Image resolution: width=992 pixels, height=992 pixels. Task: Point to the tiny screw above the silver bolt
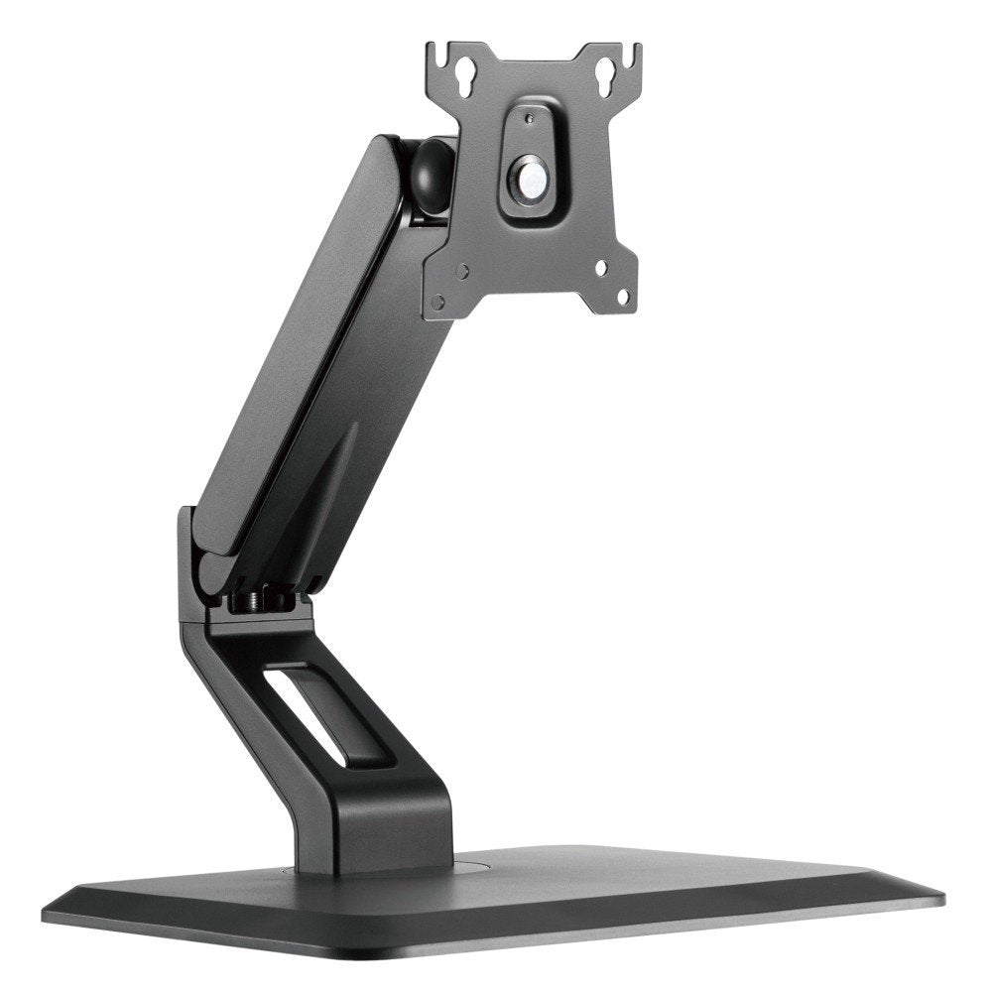pyautogui.click(x=528, y=118)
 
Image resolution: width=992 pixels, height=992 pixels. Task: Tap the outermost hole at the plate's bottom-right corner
pyautogui.click(x=623, y=295)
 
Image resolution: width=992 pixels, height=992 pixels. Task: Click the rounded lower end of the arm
pyautogui.click(x=213, y=570)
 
